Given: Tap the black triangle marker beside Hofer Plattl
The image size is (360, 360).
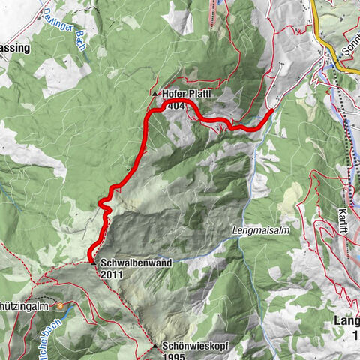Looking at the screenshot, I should tap(155, 94).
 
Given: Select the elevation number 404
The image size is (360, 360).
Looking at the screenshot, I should tap(177, 106).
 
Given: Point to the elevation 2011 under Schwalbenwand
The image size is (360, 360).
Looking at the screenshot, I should tap(110, 274).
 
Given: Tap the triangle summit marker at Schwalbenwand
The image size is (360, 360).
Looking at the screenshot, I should tap(92, 263).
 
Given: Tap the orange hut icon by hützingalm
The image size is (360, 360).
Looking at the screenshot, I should tap(61, 307).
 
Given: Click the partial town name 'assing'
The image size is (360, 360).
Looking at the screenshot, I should tap(15, 48).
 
